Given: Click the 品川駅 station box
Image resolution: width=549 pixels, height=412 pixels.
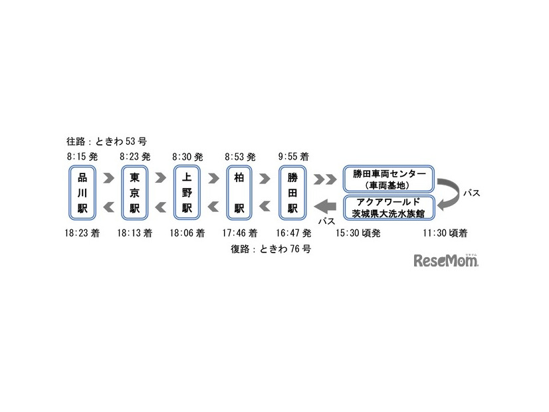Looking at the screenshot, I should (x=82, y=193).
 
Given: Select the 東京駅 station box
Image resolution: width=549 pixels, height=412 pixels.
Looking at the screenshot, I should (x=135, y=193).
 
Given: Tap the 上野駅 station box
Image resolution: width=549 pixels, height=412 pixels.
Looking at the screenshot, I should (x=187, y=193).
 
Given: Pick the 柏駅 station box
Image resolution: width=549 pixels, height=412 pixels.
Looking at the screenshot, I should (x=240, y=193).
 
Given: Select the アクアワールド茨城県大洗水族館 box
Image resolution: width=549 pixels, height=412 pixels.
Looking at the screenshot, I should (x=389, y=207).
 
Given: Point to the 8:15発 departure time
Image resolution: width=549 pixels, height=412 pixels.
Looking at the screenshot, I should (x=82, y=157).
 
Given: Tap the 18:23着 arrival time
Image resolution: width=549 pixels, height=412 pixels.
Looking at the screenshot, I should (x=82, y=234).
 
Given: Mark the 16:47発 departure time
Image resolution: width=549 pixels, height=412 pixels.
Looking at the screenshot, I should (x=294, y=234).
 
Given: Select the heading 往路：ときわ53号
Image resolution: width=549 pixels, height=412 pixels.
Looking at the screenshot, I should (x=106, y=142).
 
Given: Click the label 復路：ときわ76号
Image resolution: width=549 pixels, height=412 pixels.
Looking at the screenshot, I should (x=271, y=249).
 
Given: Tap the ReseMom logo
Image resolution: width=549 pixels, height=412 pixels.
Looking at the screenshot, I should (x=446, y=260).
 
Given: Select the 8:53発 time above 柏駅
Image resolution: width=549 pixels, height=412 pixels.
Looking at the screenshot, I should (x=241, y=157).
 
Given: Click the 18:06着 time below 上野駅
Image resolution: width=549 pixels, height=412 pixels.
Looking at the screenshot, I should (x=187, y=234).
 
